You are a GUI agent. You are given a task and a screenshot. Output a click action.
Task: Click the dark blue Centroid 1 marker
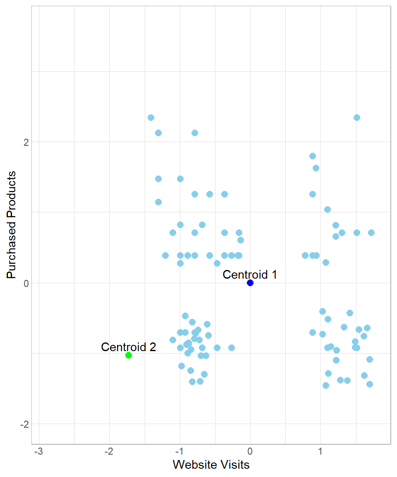click(250, 283)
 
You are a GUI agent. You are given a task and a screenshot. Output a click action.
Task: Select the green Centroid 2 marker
click(129, 355)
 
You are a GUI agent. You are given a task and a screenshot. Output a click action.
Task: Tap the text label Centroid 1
click(250, 274)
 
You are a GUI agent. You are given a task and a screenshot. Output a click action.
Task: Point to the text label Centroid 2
click(129, 347)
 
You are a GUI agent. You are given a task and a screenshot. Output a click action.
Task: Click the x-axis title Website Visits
click(211, 465)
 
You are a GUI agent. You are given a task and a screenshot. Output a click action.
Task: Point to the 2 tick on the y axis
click(25, 142)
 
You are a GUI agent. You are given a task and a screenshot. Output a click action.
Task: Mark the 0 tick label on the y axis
click(25, 283)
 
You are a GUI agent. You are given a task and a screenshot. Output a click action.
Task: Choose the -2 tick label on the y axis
click(24, 424)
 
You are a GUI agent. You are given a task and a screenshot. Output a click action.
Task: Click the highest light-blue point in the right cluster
click(357, 118)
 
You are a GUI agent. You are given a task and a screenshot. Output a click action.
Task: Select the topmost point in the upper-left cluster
click(151, 118)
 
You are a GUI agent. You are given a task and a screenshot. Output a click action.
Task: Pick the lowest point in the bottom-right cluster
click(326, 385)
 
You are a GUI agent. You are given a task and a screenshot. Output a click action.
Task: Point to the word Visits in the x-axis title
click(234, 465)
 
